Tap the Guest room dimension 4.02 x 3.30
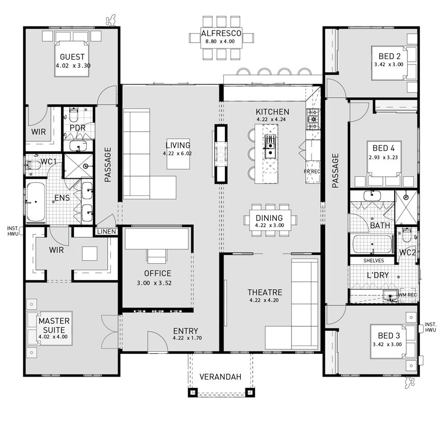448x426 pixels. pos(72,66)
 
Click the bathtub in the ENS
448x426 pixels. pos(36,202)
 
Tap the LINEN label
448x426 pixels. pos(105,232)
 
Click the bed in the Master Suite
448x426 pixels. pos(51,326)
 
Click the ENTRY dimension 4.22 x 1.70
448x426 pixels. pos(185,338)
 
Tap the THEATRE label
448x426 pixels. pos(265,292)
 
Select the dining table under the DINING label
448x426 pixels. pos(270,219)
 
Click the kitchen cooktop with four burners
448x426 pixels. pos(312,119)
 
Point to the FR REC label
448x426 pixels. pos(312,172)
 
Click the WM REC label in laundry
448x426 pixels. pos(408,294)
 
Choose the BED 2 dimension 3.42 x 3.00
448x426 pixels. pos(388,65)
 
